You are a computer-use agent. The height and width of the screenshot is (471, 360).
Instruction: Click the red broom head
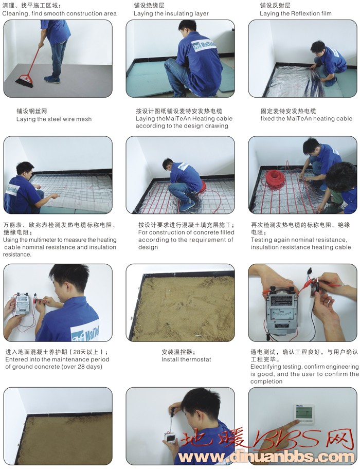pyautogui.click(x=25, y=81)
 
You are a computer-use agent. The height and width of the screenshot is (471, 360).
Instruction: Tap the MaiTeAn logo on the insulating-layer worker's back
pyautogui.click(x=204, y=46)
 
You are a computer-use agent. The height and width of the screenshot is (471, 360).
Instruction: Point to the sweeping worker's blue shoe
pyautogui.click(x=52, y=79)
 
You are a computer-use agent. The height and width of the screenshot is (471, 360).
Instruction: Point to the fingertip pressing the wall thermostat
pyautogui.click(x=298, y=421)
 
